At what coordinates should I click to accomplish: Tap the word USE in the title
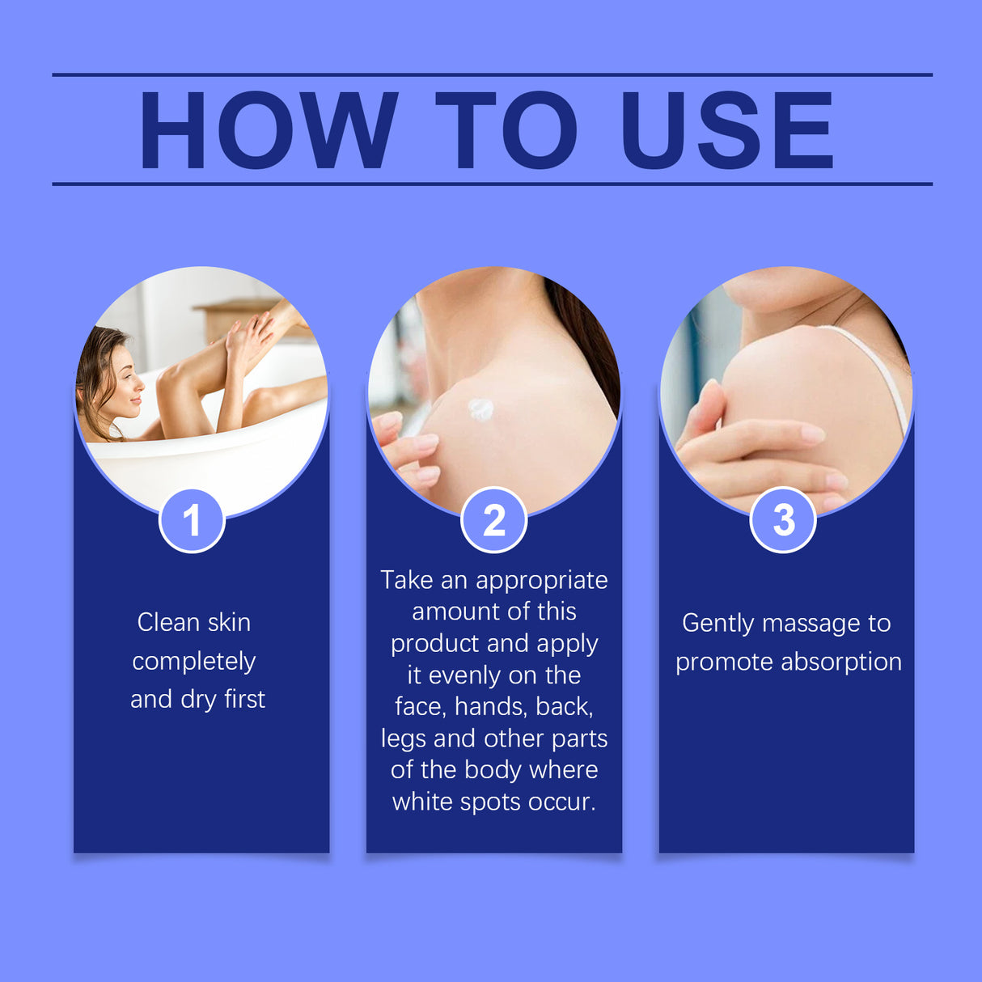click(x=726, y=130)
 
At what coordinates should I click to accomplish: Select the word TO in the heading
click(x=506, y=130)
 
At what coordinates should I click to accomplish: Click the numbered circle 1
click(x=192, y=520)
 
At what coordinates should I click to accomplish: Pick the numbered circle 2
click(x=493, y=520)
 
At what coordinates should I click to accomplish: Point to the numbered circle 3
click(x=783, y=520)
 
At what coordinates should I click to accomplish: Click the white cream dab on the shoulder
click(x=480, y=409)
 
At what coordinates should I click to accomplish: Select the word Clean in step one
click(x=168, y=622)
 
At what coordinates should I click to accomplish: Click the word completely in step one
click(x=194, y=661)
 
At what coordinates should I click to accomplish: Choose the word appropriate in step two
click(x=541, y=580)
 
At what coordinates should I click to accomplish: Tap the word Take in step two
click(x=406, y=580)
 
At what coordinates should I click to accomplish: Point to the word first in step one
click(x=244, y=699)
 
